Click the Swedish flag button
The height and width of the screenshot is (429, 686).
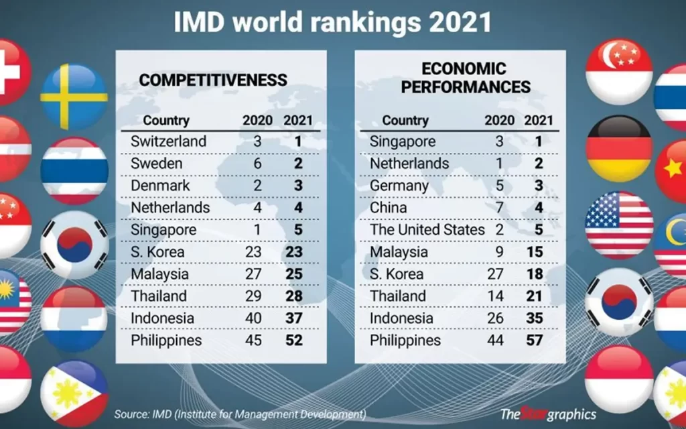(x=74, y=97)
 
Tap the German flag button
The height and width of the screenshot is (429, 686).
(x=618, y=148)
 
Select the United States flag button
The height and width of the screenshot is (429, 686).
(x=618, y=225)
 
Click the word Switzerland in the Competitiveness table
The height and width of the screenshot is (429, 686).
(x=169, y=141)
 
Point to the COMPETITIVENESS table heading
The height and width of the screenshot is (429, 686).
(x=213, y=80)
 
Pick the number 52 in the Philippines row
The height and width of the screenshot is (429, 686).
(x=293, y=341)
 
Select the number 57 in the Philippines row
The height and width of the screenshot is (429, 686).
(x=534, y=341)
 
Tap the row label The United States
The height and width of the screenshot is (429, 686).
(x=427, y=230)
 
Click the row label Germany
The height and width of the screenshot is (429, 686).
(x=399, y=186)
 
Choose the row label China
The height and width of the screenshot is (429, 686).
(x=389, y=208)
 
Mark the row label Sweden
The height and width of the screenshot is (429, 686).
(x=157, y=164)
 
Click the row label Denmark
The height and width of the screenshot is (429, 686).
(x=161, y=186)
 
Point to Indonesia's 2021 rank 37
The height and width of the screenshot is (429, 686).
(x=293, y=318)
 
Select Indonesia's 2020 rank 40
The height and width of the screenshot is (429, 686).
(x=253, y=318)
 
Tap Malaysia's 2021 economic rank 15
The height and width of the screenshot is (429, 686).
(x=534, y=252)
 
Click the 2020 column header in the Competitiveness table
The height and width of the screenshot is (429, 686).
(x=257, y=121)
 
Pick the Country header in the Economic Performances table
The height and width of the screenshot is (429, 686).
(x=405, y=121)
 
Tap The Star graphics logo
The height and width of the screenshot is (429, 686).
(x=547, y=414)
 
